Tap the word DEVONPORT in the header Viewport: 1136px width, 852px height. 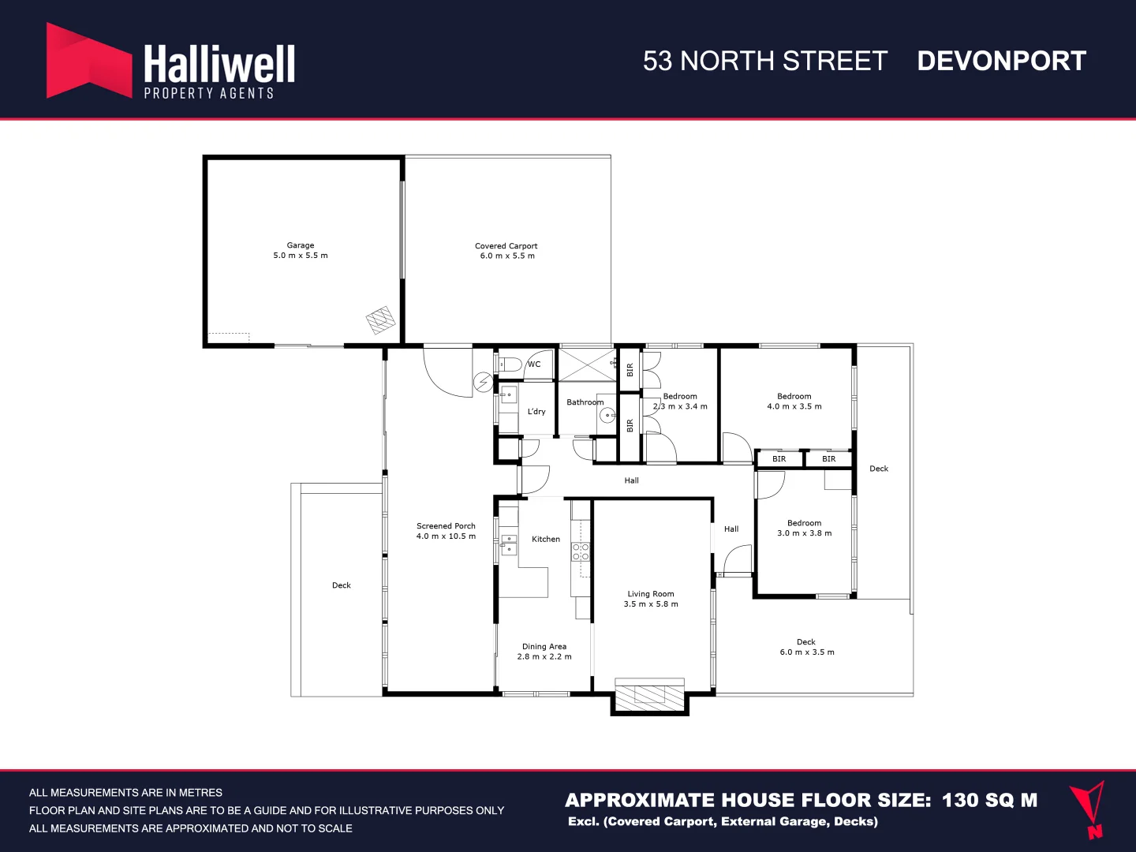(x=1001, y=62)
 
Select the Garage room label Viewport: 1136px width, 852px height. (x=301, y=245)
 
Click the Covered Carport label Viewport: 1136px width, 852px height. (x=506, y=246)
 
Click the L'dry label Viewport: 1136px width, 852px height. (x=536, y=412)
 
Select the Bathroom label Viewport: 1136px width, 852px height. (x=585, y=402)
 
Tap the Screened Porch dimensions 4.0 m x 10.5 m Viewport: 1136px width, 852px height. (x=446, y=536)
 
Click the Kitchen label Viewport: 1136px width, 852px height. (x=546, y=540)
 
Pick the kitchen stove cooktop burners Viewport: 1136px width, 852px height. (x=581, y=551)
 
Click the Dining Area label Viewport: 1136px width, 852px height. (x=544, y=647)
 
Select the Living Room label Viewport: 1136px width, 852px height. (x=651, y=594)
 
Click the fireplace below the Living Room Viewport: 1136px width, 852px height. (x=650, y=695)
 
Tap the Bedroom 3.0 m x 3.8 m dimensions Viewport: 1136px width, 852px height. (x=804, y=533)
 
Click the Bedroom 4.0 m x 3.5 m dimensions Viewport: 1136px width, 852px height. (x=794, y=407)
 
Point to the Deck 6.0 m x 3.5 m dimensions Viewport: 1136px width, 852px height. (x=807, y=652)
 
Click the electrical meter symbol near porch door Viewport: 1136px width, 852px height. (x=483, y=383)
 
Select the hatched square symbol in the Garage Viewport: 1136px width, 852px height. (x=380, y=319)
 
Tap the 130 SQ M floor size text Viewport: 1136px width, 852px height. (x=989, y=800)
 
